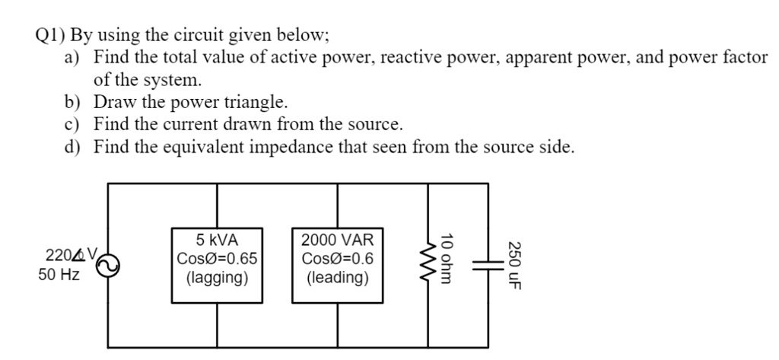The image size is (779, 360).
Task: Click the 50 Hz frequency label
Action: point(59,275)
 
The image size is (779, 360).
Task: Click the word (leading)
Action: point(338,278)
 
